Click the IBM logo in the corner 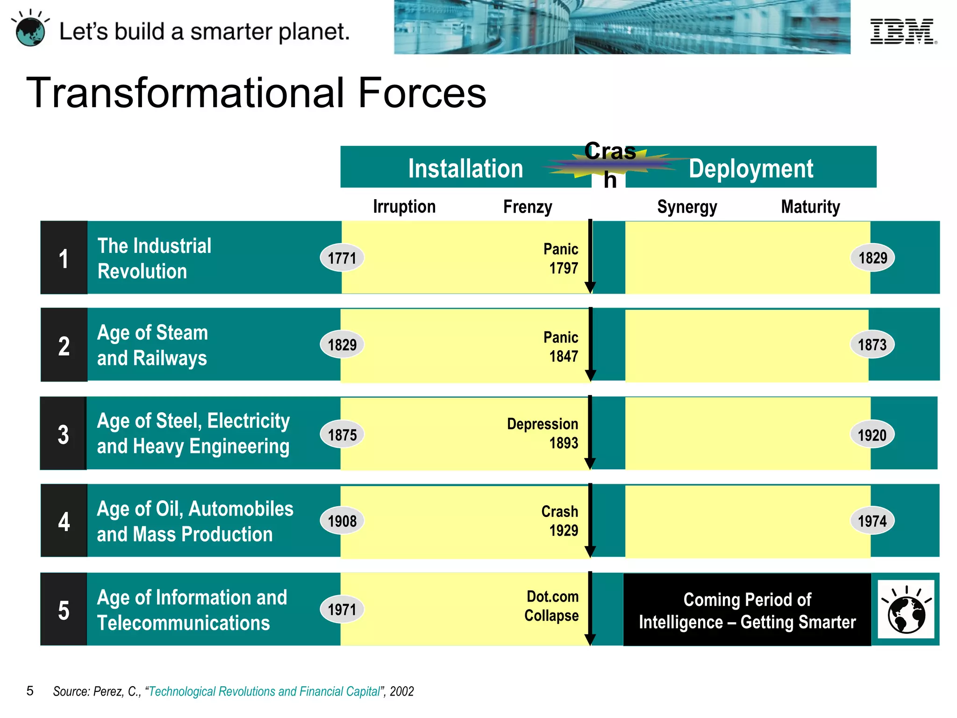[903, 32]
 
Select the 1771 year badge [342, 258]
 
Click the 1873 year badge [872, 345]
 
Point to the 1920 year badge [872, 435]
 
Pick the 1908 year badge [342, 521]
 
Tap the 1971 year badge [342, 610]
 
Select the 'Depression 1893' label [543, 433]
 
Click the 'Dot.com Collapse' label [552, 606]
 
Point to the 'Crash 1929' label [560, 521]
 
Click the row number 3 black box [64, 434]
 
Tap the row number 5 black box [64, 610]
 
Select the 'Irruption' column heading [404, 207]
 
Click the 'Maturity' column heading [810, 207]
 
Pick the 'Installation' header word [465, 169]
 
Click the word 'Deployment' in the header [751, 169]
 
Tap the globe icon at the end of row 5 [906, 610]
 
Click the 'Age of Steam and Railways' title [152, 345]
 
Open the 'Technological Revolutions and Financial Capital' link [264, 691]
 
